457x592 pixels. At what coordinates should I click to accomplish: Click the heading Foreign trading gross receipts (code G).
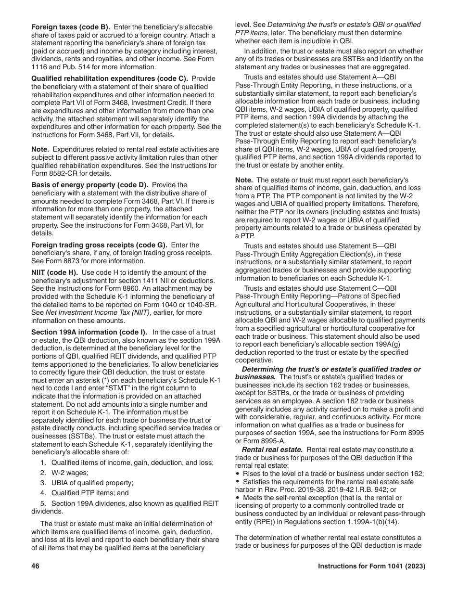pyautogui.click(x=99, y=245)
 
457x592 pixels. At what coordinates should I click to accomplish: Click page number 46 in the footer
pyautogui.click(x=35, y=566)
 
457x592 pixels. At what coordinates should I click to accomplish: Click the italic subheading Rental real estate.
pyautogui.click(x=272, y=450)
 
